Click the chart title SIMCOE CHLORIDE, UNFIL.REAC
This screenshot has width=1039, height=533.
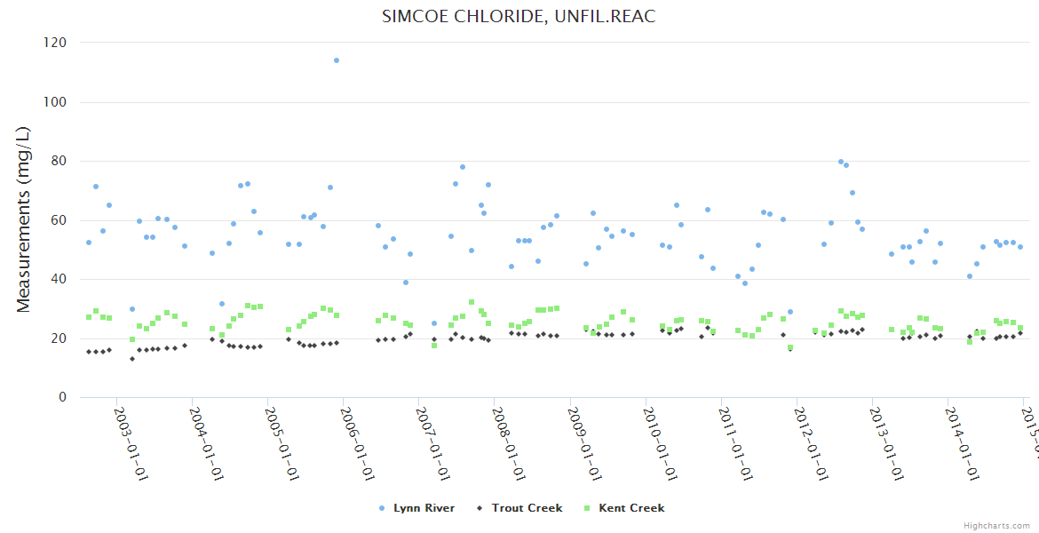pos(519,16)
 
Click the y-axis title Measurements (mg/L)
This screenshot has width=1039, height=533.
pos(24,219)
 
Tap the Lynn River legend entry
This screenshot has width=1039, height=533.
pos(417,508)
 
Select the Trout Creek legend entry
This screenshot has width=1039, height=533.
pos(521,508)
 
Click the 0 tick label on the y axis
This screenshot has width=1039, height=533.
pos(62,397)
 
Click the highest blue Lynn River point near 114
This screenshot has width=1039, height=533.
pos(337,60)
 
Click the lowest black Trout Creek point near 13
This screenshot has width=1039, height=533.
pos(132,359)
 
